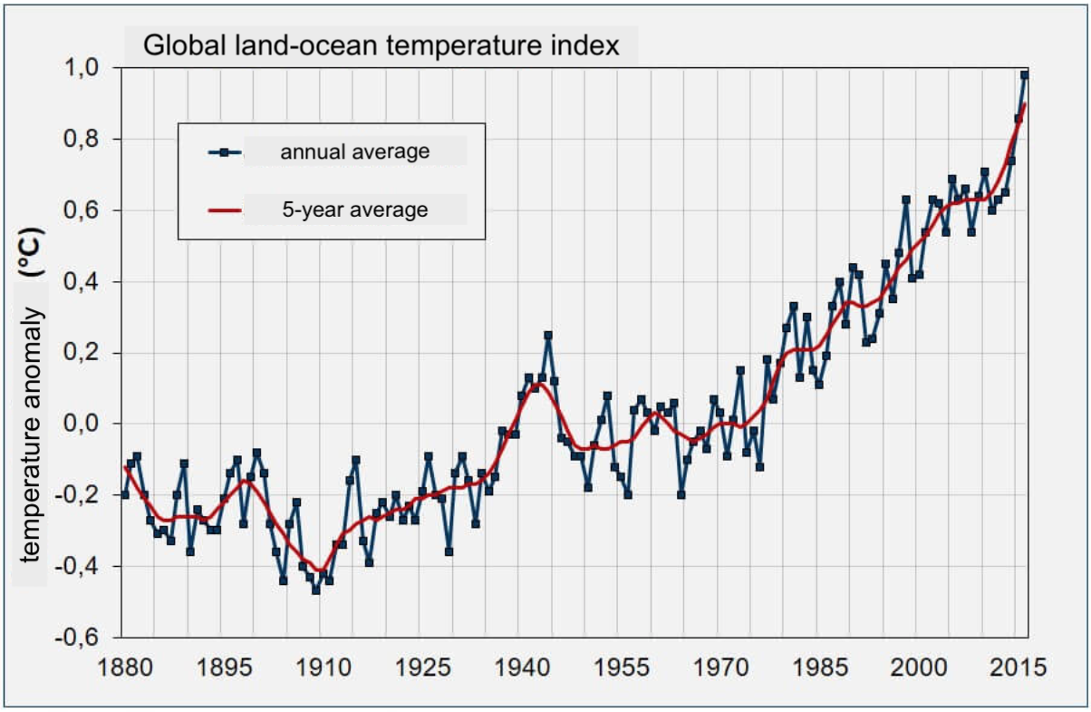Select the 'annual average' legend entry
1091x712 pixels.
[354, 151]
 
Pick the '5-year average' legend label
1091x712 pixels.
[353, 210]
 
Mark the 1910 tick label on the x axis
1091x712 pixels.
[321, 668]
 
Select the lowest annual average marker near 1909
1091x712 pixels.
[316, 590]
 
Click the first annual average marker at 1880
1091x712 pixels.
[125, 494]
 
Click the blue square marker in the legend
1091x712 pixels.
[224, 151]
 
